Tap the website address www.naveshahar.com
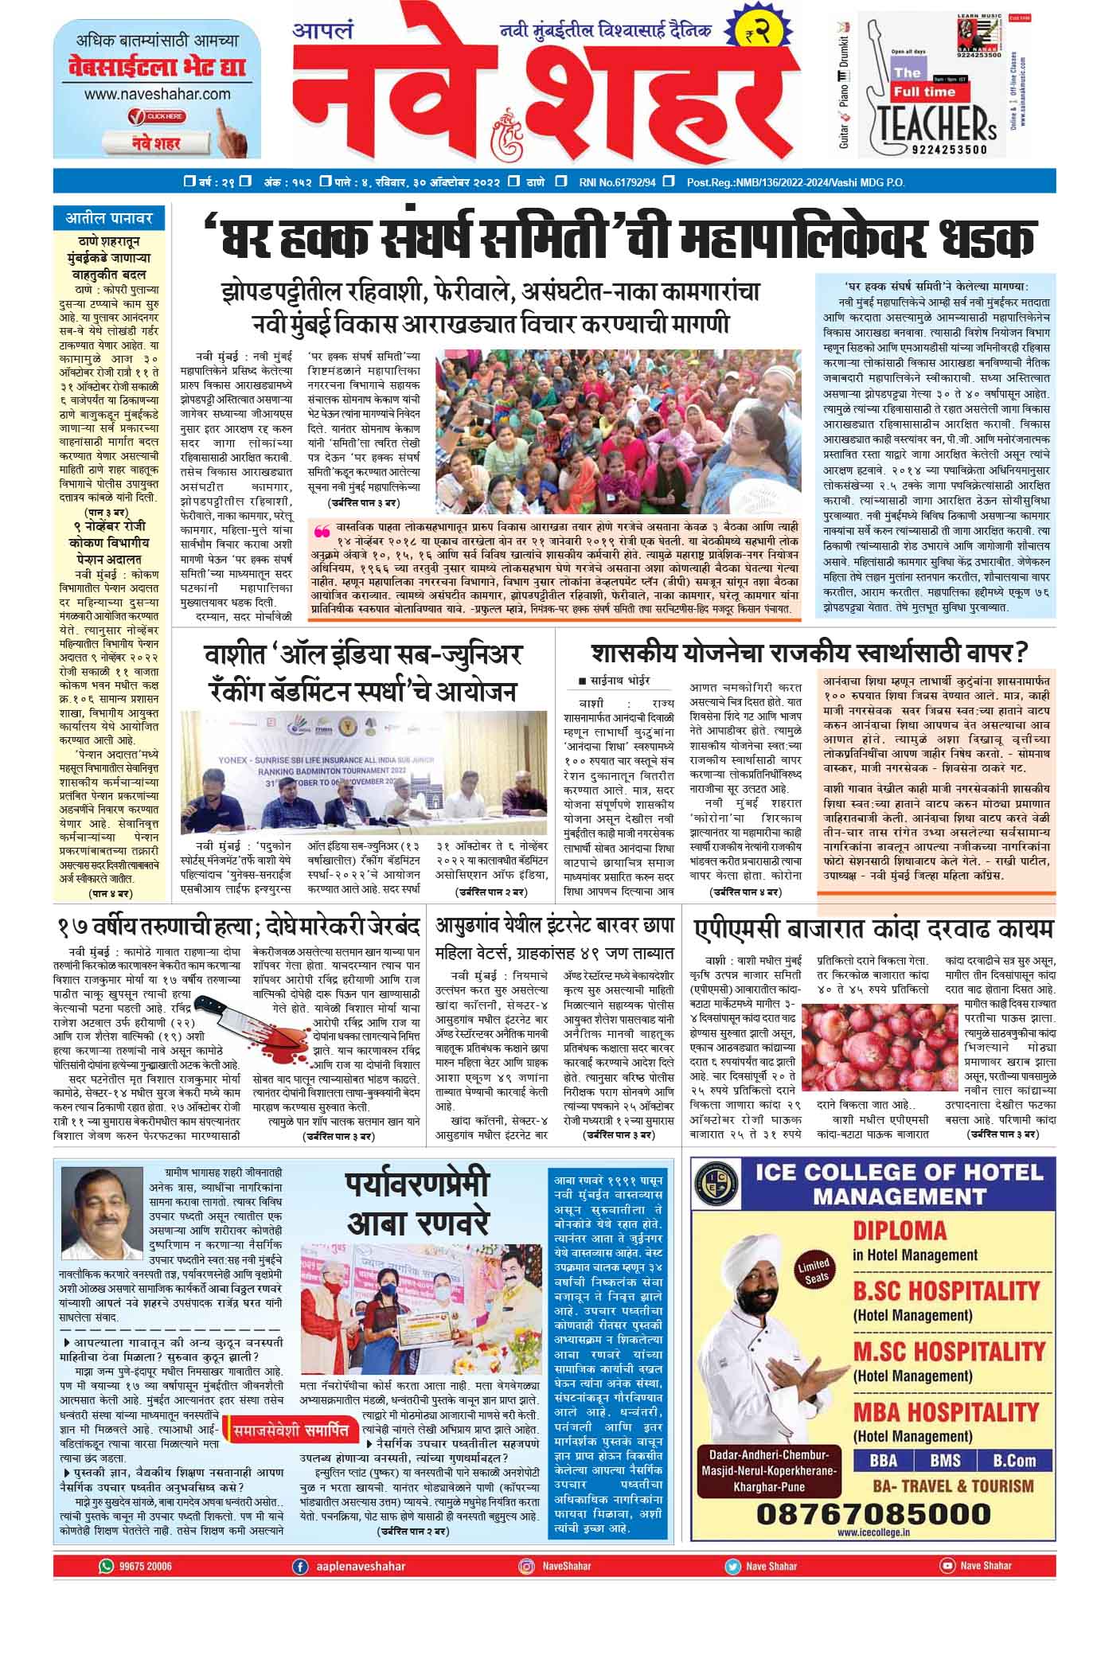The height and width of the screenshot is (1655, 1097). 157,94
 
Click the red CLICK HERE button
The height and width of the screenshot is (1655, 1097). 156,117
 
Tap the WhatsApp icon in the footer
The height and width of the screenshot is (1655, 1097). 106,1566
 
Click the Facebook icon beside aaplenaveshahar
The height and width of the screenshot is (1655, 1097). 300,1566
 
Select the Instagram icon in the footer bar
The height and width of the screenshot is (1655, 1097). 526,1566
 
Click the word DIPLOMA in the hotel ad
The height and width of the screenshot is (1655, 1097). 900,1231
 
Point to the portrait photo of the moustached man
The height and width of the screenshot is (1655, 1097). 101,1202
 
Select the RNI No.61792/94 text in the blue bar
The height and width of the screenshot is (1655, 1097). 617,182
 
